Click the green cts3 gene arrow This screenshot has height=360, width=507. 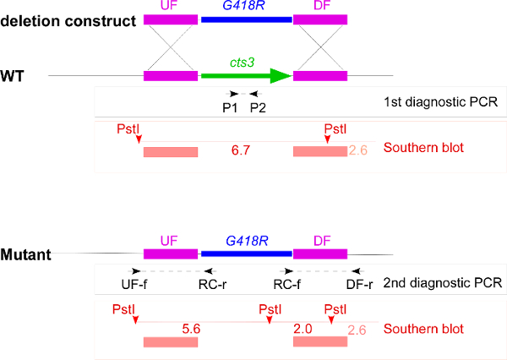coord(245,76)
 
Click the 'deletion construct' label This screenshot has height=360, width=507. coord(68,19)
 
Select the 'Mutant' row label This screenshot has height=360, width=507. coord(26,253)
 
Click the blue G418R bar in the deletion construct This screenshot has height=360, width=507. coord(245,19)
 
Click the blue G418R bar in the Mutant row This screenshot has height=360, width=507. coord(245,253)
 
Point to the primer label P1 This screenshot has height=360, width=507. coord(228,107)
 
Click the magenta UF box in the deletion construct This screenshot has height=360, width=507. coord(171,19)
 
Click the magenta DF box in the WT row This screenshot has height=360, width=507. coord(320,76)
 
